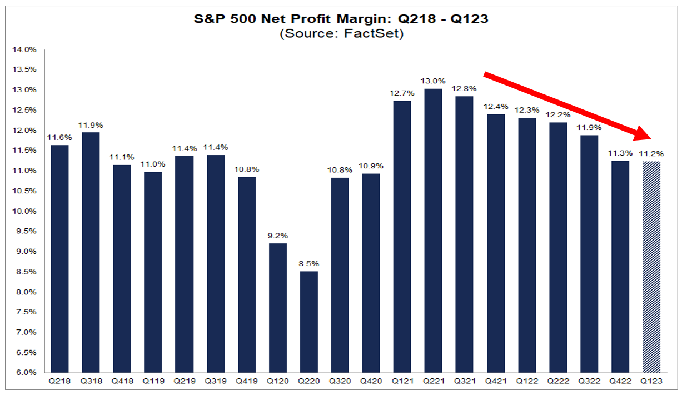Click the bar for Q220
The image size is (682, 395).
pos(309,322)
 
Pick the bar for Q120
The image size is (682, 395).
pos(278,308)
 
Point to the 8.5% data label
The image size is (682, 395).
pos(309,263)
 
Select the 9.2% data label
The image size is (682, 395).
pos(278,235)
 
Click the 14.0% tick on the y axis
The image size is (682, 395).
pos(24,49)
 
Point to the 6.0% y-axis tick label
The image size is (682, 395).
pos(24,372)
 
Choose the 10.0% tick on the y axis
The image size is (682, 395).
pos(24,211)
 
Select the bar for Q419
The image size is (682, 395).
pos(247,274)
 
